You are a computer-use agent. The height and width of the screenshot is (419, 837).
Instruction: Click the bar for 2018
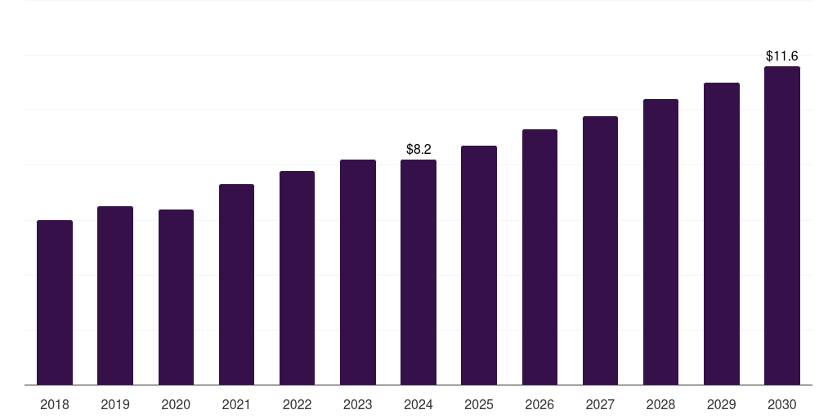click(x=55, y=302)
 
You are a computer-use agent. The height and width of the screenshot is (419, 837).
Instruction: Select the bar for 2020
click(x=176, y=297)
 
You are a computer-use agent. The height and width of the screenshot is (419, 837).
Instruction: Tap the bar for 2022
click(x=297, y=277)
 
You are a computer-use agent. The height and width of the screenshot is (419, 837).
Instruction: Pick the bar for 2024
click(x=418, y=272)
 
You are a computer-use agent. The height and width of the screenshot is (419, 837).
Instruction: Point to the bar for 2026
click(x=539, y=257)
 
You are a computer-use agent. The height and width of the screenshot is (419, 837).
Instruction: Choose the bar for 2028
click(x=660, y=241)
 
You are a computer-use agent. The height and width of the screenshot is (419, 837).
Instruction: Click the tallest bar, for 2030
click(x=781, y=225)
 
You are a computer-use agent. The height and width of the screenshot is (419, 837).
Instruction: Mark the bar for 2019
click(x=115, y=295)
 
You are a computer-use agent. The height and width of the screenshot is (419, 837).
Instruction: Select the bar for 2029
click(x=721, y=233)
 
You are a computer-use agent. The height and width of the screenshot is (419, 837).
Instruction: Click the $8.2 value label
click(x=418, y=149)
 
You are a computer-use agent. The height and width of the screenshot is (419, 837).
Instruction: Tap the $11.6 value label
click(x=781, y=56)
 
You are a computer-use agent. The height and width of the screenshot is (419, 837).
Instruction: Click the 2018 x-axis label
click(x=55, y=404)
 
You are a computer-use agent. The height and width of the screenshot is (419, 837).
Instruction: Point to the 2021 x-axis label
click(x=236, y=404)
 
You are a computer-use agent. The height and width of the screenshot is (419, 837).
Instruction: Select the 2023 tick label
click(x=357, y=404)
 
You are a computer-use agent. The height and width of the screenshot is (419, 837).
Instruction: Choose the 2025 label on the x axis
click(x=479, y=404)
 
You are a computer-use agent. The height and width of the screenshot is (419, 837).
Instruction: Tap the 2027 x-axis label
click(x=600, y=404)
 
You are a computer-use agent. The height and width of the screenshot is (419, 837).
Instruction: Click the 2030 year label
click(x=781, y=404)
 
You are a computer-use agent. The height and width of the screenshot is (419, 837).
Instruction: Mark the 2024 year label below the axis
click(x=418, y=404)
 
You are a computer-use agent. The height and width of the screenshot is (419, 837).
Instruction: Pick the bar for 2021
click(x=236, y=284)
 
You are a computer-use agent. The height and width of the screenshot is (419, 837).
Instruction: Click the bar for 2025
click(x=479, y=265)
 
